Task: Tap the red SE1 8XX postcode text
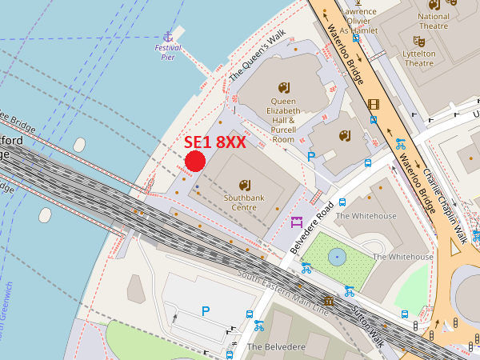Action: tap(214, 142)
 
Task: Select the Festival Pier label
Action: tap(168, 52)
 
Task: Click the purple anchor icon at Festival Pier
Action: tap(168, 36)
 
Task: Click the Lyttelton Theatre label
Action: tap(419, 58)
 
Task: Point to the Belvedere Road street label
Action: tap(313, 228)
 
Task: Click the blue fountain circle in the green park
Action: tap(337, 257)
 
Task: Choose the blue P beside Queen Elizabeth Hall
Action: tap(311, 157)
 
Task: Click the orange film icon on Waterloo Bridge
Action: tap(373, 104)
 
